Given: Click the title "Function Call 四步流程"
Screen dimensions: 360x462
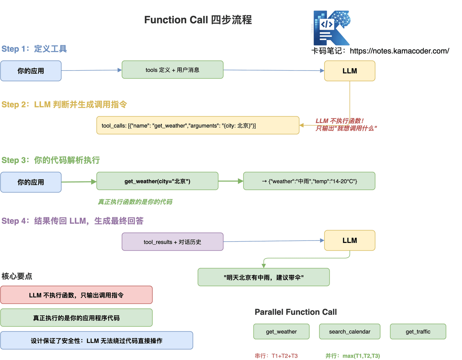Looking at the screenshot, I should pos(198,20).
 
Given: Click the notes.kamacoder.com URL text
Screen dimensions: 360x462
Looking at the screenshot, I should pos(399,51).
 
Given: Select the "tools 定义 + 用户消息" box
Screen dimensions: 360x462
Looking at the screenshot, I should pos(172,70).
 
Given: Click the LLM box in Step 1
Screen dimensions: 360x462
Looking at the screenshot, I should pos(350,71).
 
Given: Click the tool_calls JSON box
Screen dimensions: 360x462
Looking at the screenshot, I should pos(198,126).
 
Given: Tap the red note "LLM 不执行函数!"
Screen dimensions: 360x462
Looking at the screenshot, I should pos(339,121).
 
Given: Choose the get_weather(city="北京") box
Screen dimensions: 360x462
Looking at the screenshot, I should pos(157,181).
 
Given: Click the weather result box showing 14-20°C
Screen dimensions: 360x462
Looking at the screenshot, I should pos(309,181).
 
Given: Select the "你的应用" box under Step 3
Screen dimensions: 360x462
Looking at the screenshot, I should pos(31,182).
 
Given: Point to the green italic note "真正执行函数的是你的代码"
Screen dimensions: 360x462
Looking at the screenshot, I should pos(135,202).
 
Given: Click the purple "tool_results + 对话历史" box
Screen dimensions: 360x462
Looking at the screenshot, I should pos(172,242).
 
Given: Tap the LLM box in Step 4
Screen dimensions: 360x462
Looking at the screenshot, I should pos(350,241).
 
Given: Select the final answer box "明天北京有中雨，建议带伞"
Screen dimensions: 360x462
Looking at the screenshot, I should pos(264,277).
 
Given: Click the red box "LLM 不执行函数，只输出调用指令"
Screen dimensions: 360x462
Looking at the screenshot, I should pos(76,295).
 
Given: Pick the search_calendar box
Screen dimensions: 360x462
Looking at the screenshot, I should pos(350,332).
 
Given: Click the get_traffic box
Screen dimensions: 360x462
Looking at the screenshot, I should pos(418,332).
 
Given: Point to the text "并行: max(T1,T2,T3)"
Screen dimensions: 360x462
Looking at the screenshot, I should pos(353,356).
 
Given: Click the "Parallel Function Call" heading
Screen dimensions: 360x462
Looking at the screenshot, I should pos(296,312).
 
